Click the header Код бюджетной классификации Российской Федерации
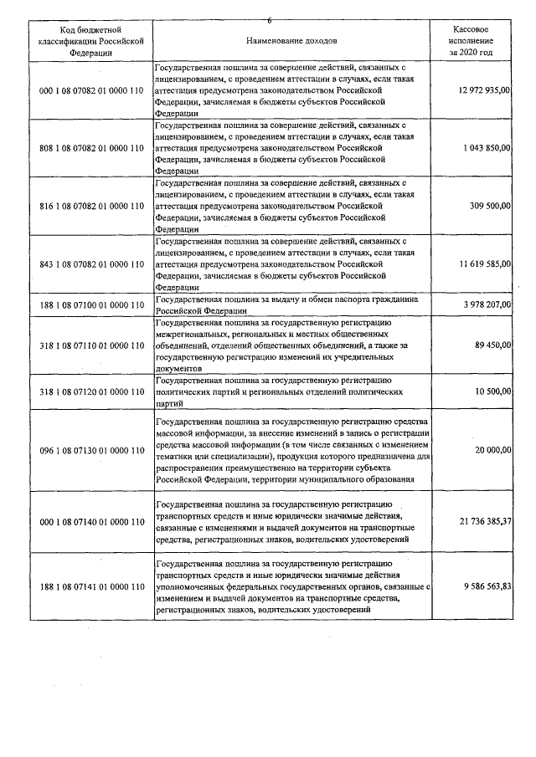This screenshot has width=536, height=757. coord(91,39)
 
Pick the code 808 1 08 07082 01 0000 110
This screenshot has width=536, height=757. coord(92,148)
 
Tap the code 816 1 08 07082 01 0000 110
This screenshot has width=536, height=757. coord(92,206)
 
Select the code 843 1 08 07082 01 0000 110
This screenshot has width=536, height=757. coord(92,263)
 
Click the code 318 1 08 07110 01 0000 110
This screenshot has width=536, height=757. coord(92,345)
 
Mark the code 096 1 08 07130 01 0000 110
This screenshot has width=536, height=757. coord(92,450)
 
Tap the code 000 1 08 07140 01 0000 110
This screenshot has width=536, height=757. coord(92,521)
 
